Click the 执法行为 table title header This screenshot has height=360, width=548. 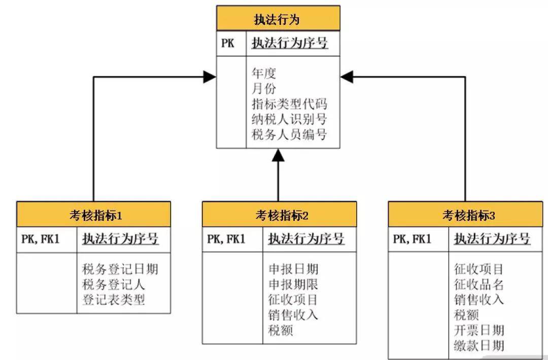coord(278,19)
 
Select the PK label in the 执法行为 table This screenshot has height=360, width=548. coord(228,43)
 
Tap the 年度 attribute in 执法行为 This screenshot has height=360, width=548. coord(264,74)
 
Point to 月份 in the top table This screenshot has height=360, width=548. coord(264,89)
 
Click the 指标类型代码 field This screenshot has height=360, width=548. coord(289,104)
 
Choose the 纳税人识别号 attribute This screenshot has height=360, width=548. coord(289,119)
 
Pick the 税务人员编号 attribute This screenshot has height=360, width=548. coord(289,135)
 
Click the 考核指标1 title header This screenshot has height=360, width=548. coord(93,215)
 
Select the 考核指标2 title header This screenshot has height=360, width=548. coord(279,215)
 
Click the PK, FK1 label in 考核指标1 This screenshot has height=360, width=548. coord(41,239)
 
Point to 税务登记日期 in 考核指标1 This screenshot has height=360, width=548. coord(120,269)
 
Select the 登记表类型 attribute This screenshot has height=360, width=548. coord(114,300)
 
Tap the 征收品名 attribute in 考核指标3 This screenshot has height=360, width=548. coord(479,284)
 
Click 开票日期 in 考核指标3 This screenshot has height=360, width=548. coord(479,330)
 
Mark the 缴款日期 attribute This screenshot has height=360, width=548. coord(479,346)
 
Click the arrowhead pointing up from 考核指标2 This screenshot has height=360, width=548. coord(278,155)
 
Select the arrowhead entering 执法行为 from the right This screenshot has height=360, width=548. coord(347,77)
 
